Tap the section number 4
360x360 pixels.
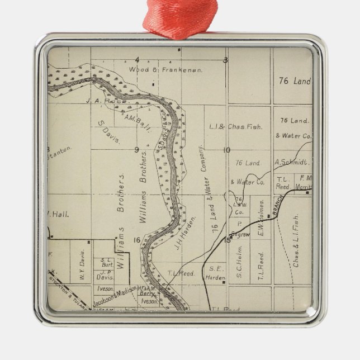pyautogui.click(x=137, y=60)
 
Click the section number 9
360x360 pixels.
pyautogui.click(x=136, y=149)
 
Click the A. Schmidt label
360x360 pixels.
pyautogui.click(x=291, y=163)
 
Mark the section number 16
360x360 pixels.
pyautogui.click(x=136, y=240)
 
